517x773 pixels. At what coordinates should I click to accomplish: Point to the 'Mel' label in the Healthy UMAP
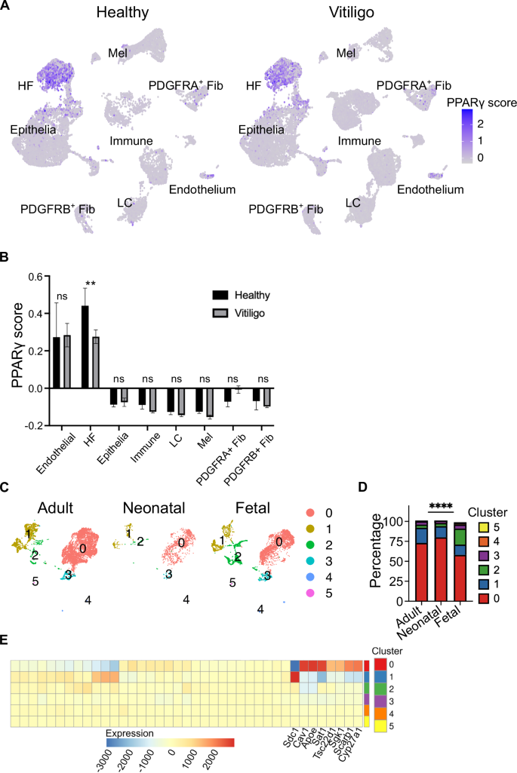pos(116,53)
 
